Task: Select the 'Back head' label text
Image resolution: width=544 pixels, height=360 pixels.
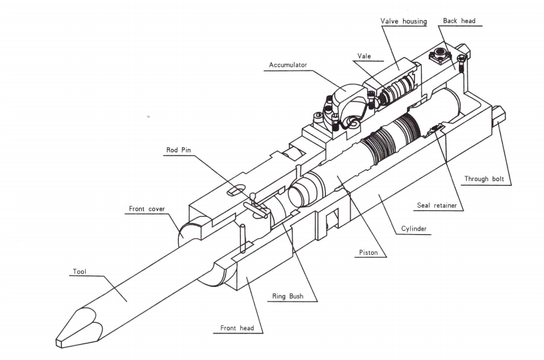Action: pos(458,21)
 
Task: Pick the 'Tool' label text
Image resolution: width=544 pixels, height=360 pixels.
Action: pos(80,271)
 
